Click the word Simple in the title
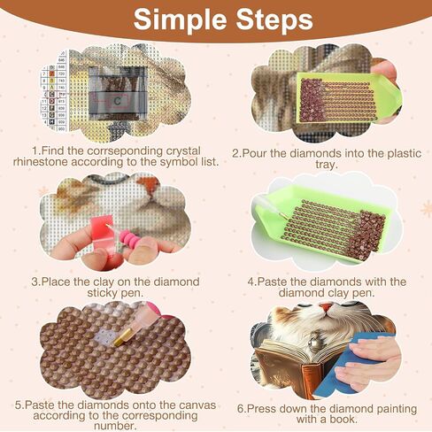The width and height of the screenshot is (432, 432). [180, 19]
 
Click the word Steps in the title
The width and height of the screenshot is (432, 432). [274, 19]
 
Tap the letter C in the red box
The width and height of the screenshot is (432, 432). [117, 101]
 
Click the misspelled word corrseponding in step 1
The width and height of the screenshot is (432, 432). [125, 150]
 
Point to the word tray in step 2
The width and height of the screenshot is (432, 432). [326, 165]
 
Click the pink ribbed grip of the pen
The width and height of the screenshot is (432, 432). [130, 239]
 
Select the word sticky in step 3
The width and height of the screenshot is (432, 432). [103, 293]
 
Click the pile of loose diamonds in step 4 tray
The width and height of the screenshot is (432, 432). [366, 235]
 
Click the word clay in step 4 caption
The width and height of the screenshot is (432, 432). [338, 293]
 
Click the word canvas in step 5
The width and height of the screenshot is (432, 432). [197, 405]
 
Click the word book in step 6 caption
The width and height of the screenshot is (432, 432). [342, 420]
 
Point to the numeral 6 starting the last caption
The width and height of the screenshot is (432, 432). [241, 409]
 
